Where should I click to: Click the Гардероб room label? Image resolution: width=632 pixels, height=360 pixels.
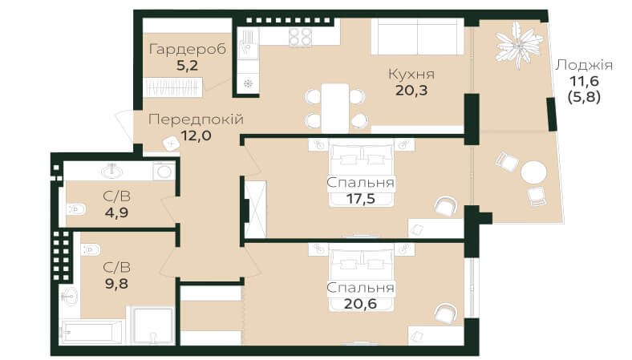(x=188, y=50)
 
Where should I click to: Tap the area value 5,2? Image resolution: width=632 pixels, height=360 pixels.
(x=188, y=65)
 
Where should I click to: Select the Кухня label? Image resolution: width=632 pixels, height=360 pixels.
(x=411, y=75)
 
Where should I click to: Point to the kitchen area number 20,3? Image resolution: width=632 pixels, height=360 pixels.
(x=411, y=91)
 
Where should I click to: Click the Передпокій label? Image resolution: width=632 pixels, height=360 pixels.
(x=196, y=119)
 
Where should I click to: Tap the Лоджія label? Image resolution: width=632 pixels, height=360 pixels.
(x=584, y=65)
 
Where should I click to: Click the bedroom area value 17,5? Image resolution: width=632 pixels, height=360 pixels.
(x=361, y=198)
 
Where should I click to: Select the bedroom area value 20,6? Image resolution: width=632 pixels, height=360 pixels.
(x=361, y=303)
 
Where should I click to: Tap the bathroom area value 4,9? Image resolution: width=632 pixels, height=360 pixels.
(x=116, y=212)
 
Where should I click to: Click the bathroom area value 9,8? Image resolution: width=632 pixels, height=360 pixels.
(x=116, y=283)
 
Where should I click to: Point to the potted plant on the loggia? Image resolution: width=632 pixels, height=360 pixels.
(x=518, y=44)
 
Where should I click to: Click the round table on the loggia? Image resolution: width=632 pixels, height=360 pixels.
(x=533, y=173)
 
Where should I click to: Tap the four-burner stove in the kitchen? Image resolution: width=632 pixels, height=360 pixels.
(x=300, y=37)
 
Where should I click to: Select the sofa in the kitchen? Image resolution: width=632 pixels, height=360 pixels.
(x=417, y=36)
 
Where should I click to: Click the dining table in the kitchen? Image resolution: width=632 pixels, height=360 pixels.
(x=335, y=108)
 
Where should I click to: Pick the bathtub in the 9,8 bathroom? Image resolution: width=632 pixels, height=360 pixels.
(x=92, y=332)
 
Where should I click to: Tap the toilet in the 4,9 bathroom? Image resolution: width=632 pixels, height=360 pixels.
(x=76, y=209)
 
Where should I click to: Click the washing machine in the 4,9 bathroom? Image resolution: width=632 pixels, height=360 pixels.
(x=164, y=171)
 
